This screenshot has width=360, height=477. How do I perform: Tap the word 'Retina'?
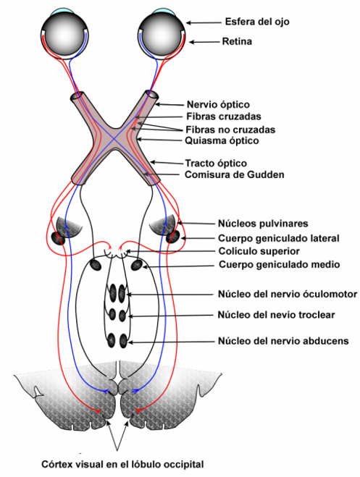(x=237, y=43)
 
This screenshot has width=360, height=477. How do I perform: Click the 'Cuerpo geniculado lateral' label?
(x=279, y=237)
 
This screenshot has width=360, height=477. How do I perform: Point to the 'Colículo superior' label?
(x=259, y=251)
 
